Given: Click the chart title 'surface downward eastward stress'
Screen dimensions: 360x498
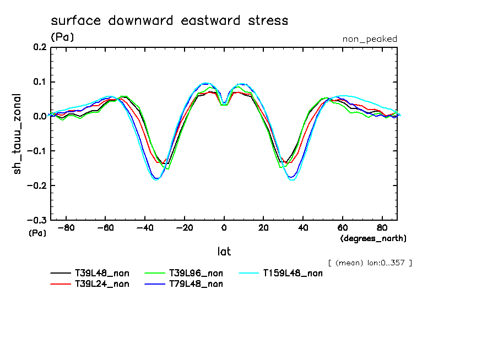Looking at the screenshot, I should click(169, 21).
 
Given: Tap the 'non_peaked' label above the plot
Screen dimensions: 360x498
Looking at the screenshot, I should click(370, 39).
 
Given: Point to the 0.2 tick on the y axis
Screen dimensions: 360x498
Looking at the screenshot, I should click(39, 47).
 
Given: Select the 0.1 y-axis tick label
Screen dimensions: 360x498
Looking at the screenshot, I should click(39, 82).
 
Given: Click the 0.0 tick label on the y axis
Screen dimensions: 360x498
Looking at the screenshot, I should click(39, 117).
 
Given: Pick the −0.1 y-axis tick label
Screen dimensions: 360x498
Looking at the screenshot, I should click(36, 151).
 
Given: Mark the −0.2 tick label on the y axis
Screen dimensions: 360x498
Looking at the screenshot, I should click(36, 186).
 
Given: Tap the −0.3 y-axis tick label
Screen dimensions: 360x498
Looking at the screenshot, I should click(36, 220).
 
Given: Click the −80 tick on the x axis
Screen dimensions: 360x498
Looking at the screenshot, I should click(66, 227).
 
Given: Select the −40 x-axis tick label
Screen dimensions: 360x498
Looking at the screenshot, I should click(145, 227).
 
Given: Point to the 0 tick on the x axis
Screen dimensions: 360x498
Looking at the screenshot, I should click(224, 227).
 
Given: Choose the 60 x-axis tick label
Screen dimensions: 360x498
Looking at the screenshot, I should click(342, 227).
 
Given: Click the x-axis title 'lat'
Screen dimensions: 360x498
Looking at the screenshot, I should click(224, 252).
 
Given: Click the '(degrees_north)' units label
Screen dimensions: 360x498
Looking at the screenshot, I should click(373, 238).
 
